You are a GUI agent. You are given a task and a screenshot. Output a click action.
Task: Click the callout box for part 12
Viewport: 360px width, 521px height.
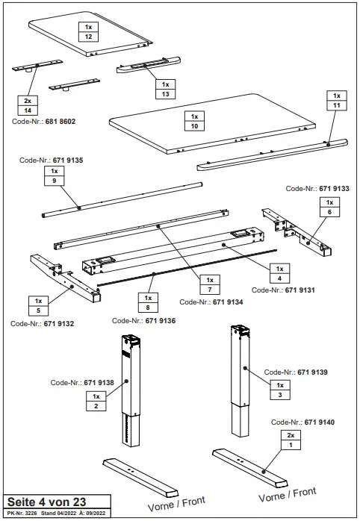pyautogui.click(x=89, y=31)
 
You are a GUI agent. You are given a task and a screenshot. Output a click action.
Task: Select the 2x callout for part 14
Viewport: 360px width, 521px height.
pyautogui.click(x=28, y=104)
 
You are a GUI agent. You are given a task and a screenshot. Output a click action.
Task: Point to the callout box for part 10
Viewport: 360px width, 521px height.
pyautogui.click(x=193, y=122)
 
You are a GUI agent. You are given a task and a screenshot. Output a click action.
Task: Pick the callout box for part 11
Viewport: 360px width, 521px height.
pyautogui.click(x=336, y=101)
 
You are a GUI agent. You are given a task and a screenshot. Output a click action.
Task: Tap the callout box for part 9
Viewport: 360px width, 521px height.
pyautogui.click(x=54, y=176)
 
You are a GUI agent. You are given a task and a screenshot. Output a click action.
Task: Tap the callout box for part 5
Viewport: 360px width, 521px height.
pyautogui.click(x=39, y=306)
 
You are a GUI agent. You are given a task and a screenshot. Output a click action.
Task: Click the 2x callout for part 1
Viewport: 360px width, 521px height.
pyautogui.click(x=291, y=440)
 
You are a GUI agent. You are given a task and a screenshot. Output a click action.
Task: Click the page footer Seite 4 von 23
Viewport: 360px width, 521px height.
pyautogui.click(x=46, y=502)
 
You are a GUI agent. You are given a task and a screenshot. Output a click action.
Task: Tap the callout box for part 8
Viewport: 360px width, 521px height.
pyautogui.click(x=146, y=302)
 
